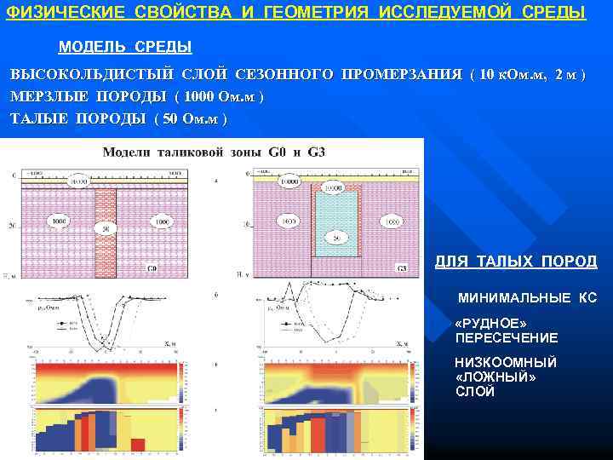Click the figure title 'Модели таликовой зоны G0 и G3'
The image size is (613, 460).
213,152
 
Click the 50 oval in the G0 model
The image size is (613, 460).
106,229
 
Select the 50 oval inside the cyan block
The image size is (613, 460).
337,236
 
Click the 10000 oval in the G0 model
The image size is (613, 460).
78,181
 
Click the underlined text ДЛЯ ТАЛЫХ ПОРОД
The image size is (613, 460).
516,262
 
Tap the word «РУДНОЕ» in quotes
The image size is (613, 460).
492,325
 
